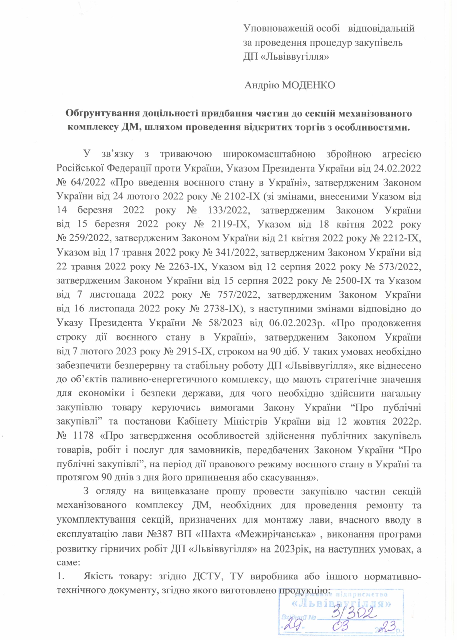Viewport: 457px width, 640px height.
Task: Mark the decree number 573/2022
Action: pos(401,267)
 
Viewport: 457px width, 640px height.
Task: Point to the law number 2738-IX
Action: pos(221,309)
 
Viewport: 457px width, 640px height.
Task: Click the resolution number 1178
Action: pos(83,436)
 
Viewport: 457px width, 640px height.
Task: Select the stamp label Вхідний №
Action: pos(299,617)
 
